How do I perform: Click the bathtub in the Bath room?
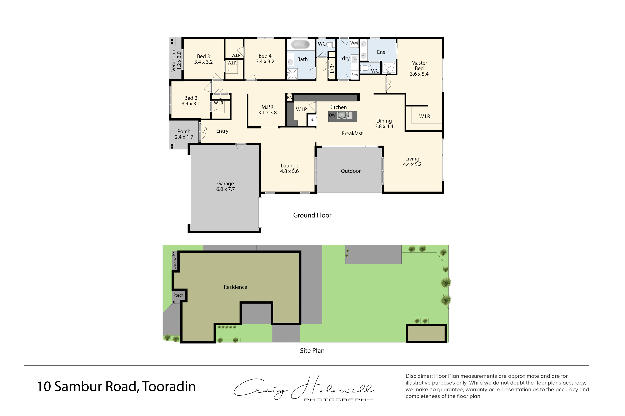pos(300,44)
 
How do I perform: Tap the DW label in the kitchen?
pos(332,115)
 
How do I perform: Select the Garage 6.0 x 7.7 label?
pos(225,186)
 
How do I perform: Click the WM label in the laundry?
pos(354,43)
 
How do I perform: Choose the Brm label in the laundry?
pos(354,75)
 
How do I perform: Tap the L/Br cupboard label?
pos(332,68)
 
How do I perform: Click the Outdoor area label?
pos(350,171)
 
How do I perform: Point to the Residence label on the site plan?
pos(235,287)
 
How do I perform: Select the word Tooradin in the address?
pos(169,387)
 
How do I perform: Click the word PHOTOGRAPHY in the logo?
pos(338,400)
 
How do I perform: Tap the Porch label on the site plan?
pos(178,295)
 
